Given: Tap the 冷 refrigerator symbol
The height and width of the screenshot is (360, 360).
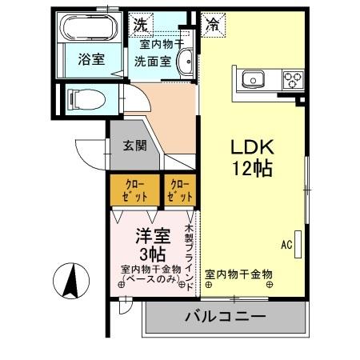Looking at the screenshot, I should [x=212, y=24].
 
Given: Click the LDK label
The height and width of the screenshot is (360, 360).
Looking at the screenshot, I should [x=254, y=148].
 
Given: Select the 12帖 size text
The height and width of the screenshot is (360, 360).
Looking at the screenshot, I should [x=254, y=169].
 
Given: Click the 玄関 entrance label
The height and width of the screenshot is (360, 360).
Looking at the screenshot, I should [x=134, y=146].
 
